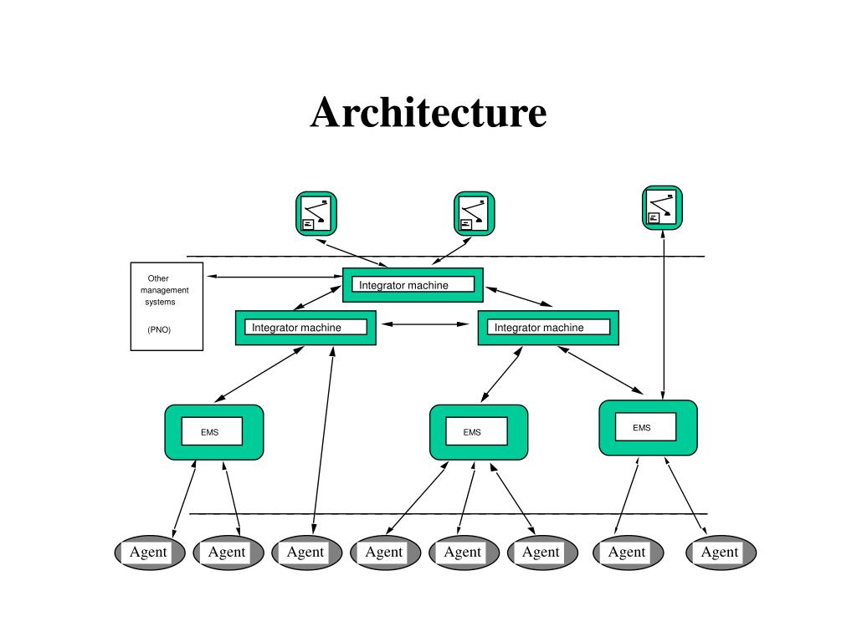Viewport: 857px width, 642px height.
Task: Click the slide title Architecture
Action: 428,113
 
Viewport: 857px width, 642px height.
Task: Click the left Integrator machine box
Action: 305,328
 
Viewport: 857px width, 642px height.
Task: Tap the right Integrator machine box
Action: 548,328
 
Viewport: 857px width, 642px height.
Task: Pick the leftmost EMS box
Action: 213,432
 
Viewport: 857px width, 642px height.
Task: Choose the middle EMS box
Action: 478,432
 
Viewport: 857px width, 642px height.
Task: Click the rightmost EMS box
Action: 647,428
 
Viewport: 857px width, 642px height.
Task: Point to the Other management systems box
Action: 167,306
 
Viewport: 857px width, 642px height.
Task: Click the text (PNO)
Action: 159,329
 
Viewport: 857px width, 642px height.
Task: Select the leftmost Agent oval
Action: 149,552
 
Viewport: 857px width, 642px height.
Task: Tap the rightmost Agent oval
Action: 720,552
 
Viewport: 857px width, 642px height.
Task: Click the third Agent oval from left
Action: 305,552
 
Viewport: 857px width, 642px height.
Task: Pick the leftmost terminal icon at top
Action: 316,213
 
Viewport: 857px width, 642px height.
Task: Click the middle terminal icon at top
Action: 474,213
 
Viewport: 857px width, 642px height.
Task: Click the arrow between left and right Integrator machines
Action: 427,324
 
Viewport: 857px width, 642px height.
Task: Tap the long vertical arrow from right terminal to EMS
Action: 663,318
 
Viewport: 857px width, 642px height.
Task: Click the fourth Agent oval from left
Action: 384,552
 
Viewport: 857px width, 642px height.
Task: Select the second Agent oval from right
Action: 627,552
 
